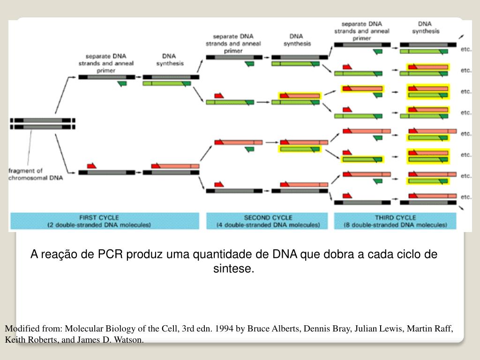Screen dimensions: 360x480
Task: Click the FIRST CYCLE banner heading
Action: click(99, 217)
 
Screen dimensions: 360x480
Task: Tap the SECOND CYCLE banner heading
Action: click(268, 217)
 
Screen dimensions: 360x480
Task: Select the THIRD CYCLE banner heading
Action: click(396, 217)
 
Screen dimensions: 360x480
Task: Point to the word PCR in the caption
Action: click(110, 255)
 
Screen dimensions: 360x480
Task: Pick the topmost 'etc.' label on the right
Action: click(465, 49)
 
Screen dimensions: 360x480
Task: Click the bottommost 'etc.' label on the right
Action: click(465, 197)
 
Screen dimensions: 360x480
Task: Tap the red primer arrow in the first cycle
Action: click(91, 165)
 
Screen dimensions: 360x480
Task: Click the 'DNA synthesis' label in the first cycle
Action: click(169, 60)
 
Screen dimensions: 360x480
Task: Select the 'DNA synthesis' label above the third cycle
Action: click(426, 27)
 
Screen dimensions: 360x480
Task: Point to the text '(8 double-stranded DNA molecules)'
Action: click(396, 225)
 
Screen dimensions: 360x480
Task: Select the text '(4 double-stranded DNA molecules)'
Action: click(268, 225)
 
